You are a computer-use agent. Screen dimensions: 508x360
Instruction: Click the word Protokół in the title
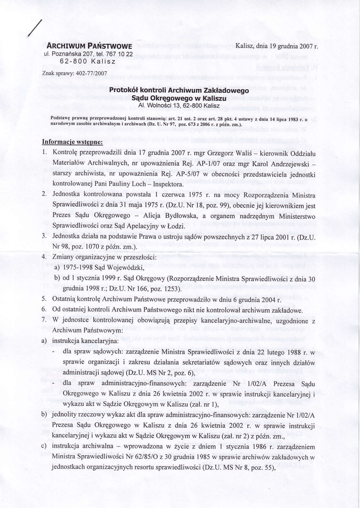point(128,91)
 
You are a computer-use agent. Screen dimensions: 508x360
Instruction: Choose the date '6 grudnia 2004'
point(248,300)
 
